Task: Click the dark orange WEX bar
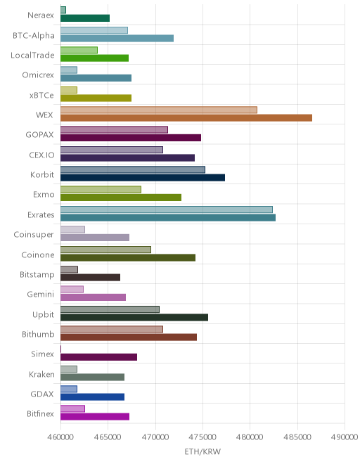(x=186, y=118)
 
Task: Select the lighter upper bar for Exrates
(x=167, y=210)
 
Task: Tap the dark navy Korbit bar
(x=143, y=178)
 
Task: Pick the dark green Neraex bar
(x=85, y=18)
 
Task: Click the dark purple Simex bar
(x=99, y=357)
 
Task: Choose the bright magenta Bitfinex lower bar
(x=95, y=417)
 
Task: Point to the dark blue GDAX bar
(x=92, y=397)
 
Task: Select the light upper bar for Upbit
(x=110, y=309)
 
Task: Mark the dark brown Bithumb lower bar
(x=129, y=337)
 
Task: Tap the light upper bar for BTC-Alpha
(x=94, y=30)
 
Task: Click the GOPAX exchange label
(x=39, y=135)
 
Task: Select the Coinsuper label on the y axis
(x=34, y=235)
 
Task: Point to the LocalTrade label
(x=32, y=56)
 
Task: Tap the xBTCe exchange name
(x=41, y=96)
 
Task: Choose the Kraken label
(x=41, y=374)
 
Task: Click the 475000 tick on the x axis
(x=202, y=437)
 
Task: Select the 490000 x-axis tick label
(x=345, y=437)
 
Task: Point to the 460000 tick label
(x=60, y=437)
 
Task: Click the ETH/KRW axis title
(x=202, y=451)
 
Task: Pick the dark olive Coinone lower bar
(x=128, y=257)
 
